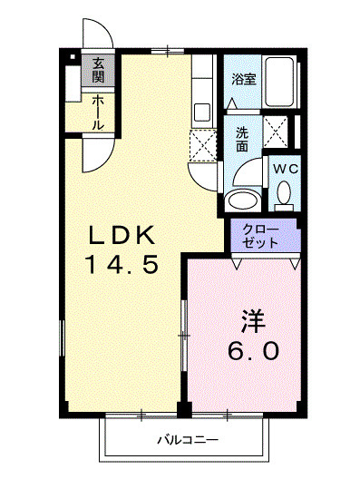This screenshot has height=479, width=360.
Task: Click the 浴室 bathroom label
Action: pyautogui.click(x=243, y=79)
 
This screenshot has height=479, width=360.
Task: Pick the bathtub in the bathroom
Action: pyautogui.click(x=281, y=86)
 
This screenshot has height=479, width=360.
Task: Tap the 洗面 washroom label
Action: pyautogui.click(x=242, y=138)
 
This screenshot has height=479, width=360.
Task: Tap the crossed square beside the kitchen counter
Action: pyautogui.click(x=202, y=142)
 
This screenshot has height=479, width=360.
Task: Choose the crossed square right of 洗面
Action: pyautogui.click(x=277, y=132)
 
